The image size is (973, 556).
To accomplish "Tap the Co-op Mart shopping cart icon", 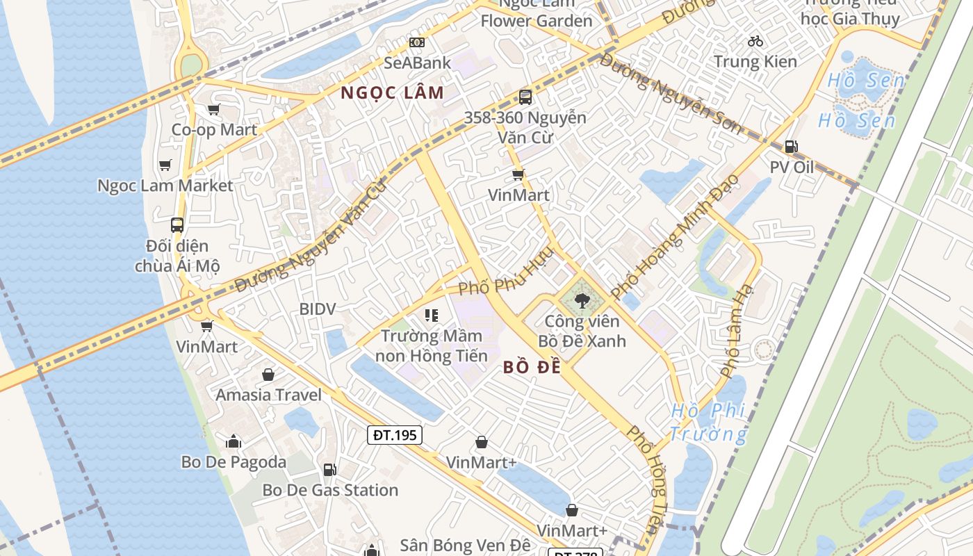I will coord(213,109).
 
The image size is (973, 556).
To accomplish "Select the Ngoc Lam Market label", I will coord(165,186).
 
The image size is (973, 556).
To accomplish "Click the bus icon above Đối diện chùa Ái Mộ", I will coord(177,225).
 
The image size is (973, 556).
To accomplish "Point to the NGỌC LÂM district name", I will coord(392,92).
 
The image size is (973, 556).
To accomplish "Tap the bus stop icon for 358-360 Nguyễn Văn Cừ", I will coord(525,97).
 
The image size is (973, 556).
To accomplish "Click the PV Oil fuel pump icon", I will coord(790,147).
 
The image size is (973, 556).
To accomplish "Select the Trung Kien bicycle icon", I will coord(755,41).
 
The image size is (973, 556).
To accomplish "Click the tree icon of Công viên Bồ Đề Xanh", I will coord(582,300).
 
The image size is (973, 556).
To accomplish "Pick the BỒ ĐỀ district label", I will coord(532,368).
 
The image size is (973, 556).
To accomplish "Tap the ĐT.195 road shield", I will coord(394,435).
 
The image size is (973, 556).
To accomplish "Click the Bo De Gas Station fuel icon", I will coord(329,470).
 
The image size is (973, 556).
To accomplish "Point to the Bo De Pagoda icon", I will coord(233,441).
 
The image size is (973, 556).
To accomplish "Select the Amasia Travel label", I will coord(268,395).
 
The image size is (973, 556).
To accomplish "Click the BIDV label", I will coord(317,309).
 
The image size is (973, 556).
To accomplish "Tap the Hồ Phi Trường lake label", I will coord(708,423).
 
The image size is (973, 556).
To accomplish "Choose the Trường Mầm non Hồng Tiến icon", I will coord(432,316).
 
